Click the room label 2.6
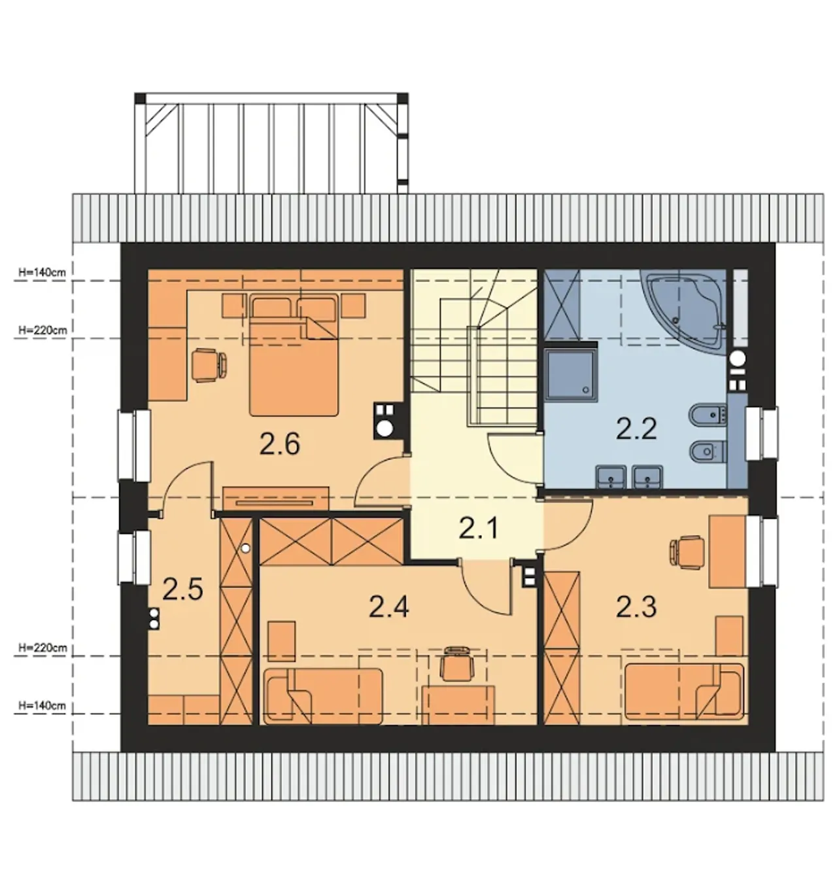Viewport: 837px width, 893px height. [x=280, y=444]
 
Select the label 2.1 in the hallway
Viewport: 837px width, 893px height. [x=478, y=527]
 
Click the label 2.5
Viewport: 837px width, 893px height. [x=182, y=589]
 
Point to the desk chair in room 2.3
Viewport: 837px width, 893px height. [x=687, y=553]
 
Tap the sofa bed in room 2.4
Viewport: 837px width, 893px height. [x=323, y=695]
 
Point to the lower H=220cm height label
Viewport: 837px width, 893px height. [x=43, y=648]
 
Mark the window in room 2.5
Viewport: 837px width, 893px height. [x=134, y=557]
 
